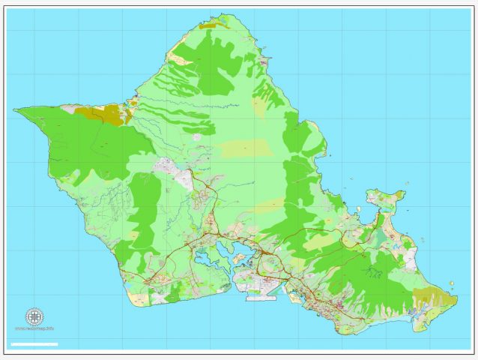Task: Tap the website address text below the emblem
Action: pos(34,328)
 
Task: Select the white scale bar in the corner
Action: pos(34,343)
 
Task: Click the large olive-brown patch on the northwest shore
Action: pos(105,114)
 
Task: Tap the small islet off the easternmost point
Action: pos(456,283)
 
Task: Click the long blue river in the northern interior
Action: pos(187,103)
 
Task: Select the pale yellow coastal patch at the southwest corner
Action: pos(139,299)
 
